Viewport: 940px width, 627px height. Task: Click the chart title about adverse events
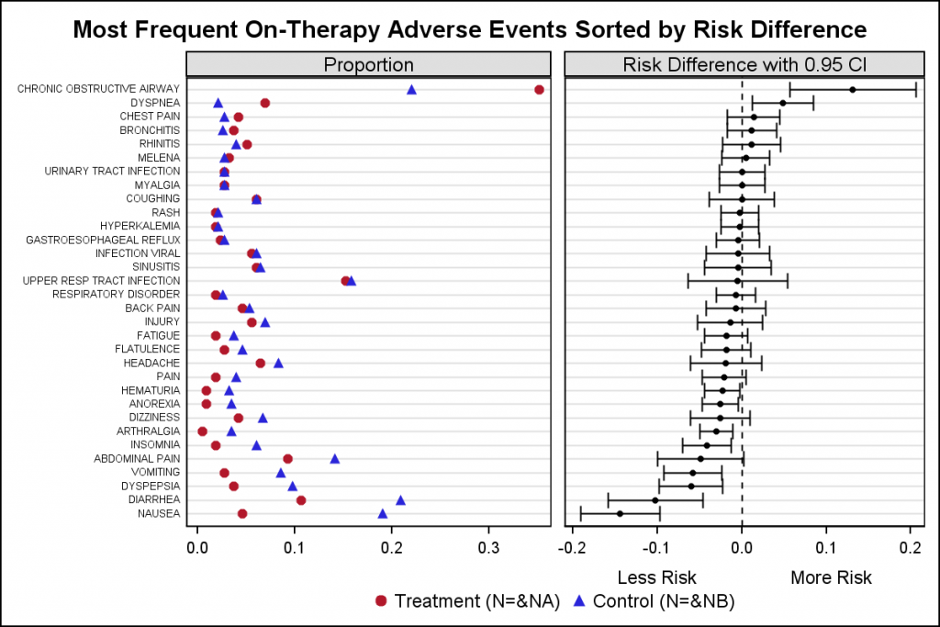(469, 29)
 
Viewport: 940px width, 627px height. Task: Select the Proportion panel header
(368, 64)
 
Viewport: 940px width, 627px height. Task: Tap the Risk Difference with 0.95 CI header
(742, 64)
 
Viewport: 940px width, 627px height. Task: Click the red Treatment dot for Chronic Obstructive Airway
(539, 89)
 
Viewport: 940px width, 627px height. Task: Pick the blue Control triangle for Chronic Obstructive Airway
(411, 89)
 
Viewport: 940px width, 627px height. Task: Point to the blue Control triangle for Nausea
(383, 513)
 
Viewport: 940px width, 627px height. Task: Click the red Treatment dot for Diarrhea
(300, 500)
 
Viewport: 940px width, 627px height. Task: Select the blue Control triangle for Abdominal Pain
(335, 458)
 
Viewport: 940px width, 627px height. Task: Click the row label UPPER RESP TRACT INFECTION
(101, 281)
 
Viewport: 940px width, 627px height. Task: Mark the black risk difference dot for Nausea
(620, 513)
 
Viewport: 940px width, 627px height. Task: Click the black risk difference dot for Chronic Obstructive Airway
(853, 89)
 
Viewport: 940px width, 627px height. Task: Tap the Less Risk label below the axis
(656, 577)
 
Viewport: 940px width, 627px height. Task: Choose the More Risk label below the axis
(831, 577)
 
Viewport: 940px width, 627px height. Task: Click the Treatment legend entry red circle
(381, 601)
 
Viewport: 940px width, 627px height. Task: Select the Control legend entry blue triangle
(579, 601)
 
